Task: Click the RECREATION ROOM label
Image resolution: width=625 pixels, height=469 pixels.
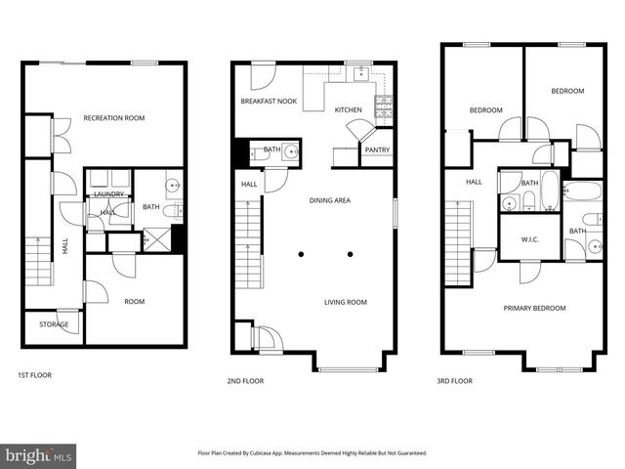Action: point(113,118)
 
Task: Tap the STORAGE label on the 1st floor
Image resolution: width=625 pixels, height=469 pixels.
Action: point(53,324)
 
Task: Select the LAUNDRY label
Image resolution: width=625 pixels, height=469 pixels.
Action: point(106,194)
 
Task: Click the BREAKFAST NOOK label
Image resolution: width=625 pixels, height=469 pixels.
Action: point(269,101)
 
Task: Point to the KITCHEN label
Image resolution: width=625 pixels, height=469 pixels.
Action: point(349,110)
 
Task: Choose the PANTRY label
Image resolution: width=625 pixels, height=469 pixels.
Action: point(377,149)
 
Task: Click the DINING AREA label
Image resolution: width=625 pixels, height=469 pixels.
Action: point(330,200)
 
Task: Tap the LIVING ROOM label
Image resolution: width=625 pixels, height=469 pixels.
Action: point(346,302)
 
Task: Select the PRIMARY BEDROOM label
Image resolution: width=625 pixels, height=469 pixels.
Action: point(534,308)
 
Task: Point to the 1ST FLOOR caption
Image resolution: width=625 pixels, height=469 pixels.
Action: point(34,375)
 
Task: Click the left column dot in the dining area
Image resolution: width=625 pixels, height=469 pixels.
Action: point(301,254)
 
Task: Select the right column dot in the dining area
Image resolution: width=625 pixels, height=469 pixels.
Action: point(350,254)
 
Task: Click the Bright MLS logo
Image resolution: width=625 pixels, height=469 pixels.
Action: point(39,455)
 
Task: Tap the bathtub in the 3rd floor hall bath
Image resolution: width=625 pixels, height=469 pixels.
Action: point(549,192)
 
